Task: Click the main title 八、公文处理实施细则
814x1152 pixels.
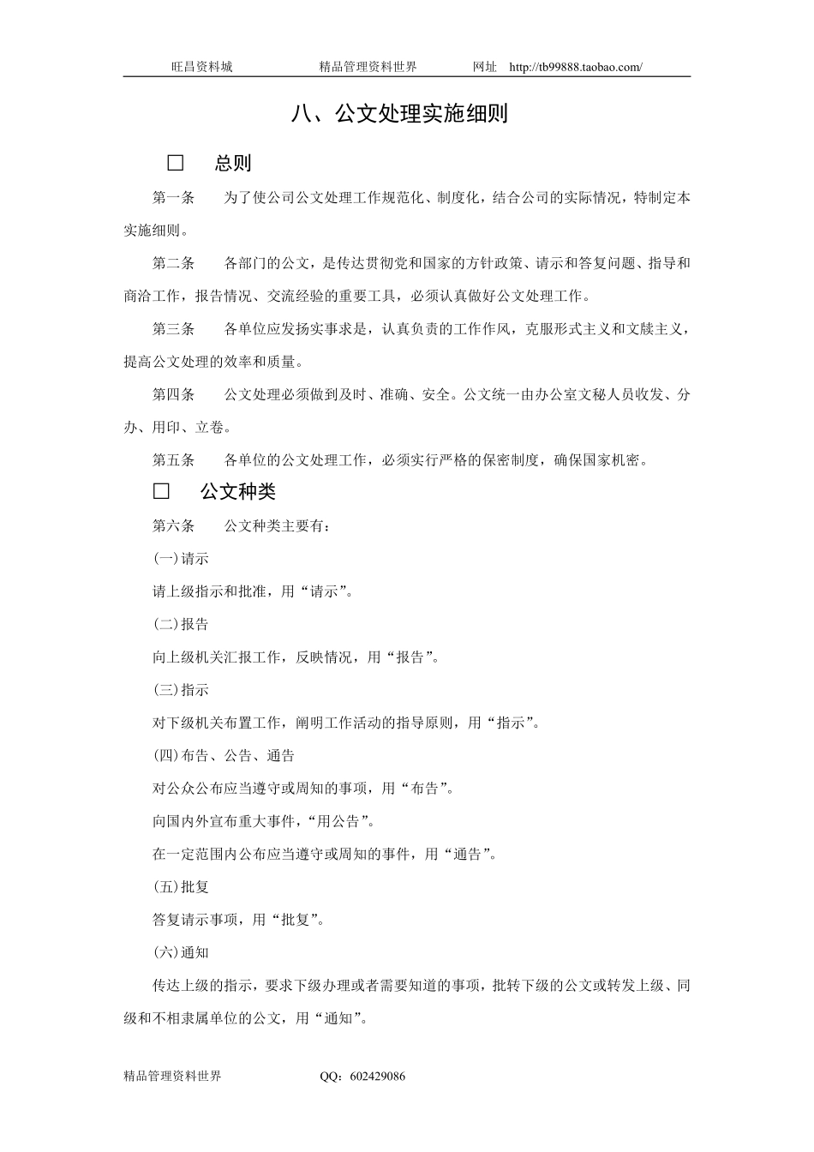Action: point(399,114)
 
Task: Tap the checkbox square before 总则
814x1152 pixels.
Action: point(176,163)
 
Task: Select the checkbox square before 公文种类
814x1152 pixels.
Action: point(161,491)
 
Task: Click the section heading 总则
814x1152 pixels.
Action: point(233,163)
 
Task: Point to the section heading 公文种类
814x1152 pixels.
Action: point(238,491)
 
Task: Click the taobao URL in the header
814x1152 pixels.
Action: point(575,67)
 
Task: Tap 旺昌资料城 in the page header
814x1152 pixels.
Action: point(201,67)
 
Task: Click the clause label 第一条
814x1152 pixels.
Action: point(174,198)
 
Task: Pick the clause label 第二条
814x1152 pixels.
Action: point(174,263)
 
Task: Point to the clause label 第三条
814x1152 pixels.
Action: point(174,329)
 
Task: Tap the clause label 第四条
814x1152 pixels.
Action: point(174,395)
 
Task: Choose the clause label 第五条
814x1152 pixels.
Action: point(174,460)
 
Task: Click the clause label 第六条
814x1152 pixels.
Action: point(174,526)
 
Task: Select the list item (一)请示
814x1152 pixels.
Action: point(181,559)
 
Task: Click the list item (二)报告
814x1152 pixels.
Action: point(181,625)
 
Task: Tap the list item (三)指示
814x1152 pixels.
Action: point(181,690)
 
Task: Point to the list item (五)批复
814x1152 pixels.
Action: point(181,887)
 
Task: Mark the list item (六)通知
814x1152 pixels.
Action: point(181,952)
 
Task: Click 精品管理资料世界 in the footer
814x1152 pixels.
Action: point(172,1077)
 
